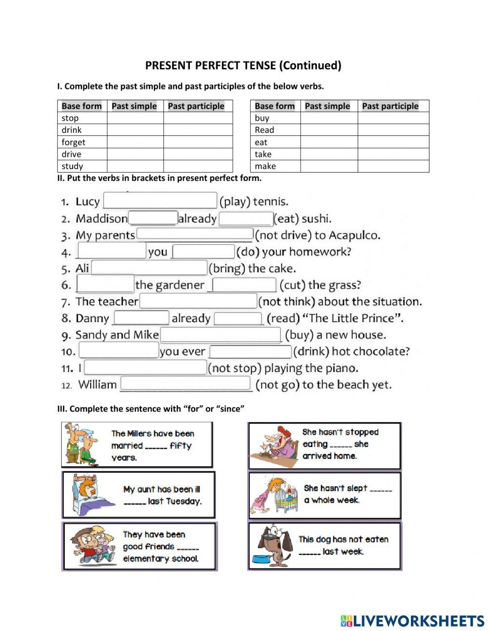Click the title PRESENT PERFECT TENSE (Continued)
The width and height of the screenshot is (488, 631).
coord(243,65)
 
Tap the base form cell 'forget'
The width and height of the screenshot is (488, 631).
coord(73,142)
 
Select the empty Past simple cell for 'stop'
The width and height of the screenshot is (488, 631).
coord(135,118)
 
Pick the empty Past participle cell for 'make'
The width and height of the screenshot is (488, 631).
coord(393,166)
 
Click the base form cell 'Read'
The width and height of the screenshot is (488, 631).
coord(264,130)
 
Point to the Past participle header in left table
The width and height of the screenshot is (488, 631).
coord(196,106)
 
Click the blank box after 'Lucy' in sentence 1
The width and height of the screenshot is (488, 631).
coord(160,201)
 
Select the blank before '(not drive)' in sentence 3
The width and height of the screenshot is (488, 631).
coord(195,235)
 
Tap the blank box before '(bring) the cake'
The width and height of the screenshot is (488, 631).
coord(149,268)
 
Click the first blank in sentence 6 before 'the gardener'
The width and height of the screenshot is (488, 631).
coord(105,284)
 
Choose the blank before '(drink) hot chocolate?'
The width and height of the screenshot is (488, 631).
coord(250,351)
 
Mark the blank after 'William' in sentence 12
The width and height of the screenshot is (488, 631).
coord(185,384)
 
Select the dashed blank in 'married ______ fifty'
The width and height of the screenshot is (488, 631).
coord(156,446)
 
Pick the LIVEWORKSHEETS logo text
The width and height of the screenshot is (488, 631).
coord(412,621)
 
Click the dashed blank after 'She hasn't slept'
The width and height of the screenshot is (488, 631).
coord(381,489)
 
